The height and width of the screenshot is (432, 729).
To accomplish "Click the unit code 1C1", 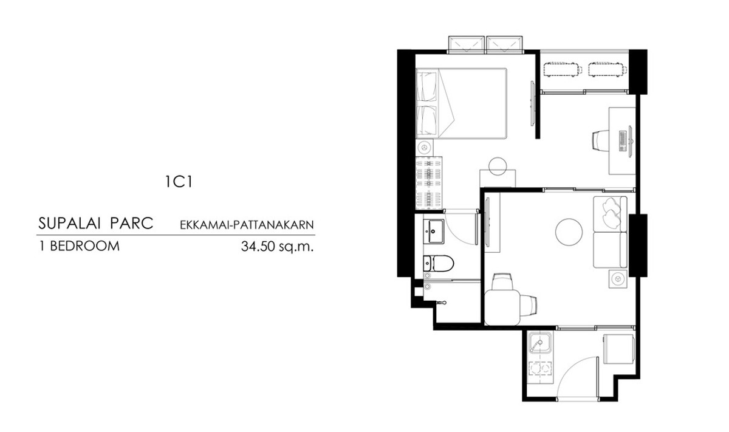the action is tap(179, 182).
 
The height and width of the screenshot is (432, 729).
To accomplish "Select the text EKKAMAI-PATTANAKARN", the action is tap(247, 225).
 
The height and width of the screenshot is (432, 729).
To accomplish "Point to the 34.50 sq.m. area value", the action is tap(277, 247).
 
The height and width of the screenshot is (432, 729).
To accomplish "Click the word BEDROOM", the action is tap(84, 246).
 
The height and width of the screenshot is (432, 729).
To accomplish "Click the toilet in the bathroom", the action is tap(439, 263).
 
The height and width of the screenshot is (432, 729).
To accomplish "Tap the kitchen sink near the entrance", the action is tap(539, 342).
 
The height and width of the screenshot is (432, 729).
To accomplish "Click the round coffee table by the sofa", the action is tap(569, 231).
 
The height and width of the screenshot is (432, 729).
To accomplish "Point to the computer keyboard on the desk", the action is tap(623, 141).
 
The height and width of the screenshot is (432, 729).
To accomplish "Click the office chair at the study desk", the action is tap(601, 140).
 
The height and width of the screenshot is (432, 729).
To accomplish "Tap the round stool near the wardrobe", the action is tap(498, 166).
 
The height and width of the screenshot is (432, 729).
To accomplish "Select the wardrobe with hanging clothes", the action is tap(430, 183).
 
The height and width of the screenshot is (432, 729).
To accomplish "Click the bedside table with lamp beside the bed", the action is tap(425, 148).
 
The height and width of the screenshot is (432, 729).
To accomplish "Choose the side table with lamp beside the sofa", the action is tap(618, 278).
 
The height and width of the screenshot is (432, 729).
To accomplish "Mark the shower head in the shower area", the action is tap(440, 303).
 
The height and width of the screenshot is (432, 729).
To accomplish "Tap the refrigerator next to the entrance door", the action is tap(619, 348).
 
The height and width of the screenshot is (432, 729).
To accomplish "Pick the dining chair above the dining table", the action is tap(502, 281).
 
